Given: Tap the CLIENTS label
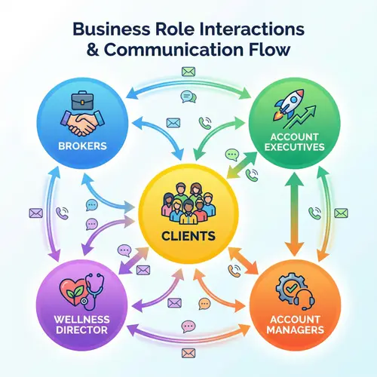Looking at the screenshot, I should pyautogui.click(x=188, y=236).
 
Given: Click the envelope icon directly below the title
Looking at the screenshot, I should pyautogui.click(x=188, y=72).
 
